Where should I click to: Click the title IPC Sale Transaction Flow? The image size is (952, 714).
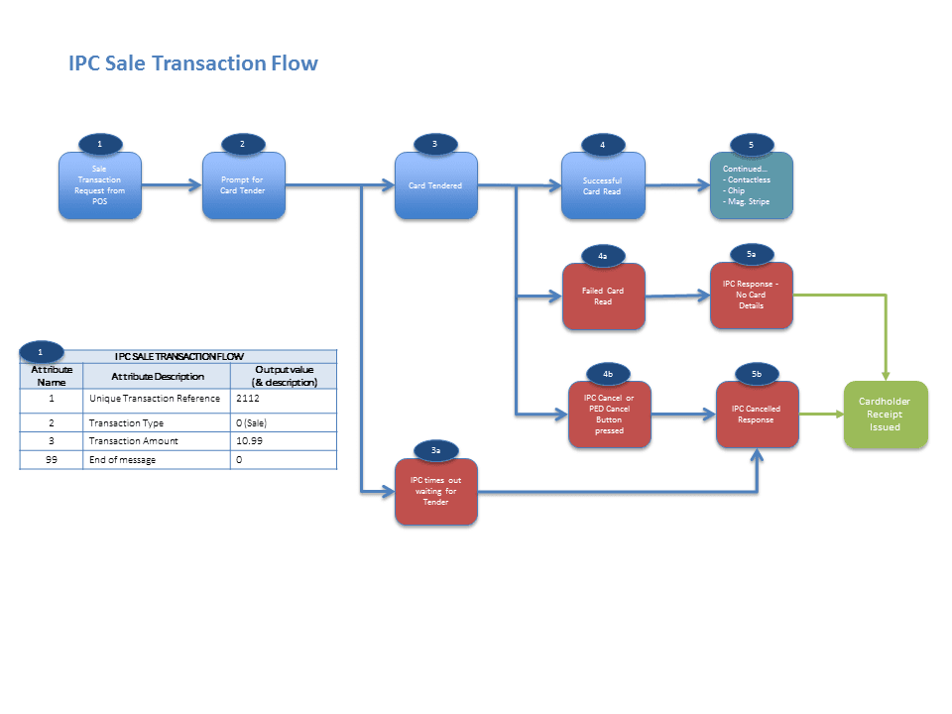pos(193,63)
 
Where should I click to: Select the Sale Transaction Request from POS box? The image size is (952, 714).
pos(100,185)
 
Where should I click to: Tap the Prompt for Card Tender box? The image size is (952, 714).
pos(243,185)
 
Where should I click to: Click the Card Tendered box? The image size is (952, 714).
pos(435,185)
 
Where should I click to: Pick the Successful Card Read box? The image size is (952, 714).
pos(602,185)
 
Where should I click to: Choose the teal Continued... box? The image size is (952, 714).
pos(751,186)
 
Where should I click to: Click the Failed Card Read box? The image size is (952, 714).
pos(603,297)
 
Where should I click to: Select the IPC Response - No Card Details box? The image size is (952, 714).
pos(751,296)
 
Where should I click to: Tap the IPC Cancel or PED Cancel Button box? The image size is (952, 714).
pos(609,415)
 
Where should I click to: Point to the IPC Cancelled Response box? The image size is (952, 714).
pos(756,415)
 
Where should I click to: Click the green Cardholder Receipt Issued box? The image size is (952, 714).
pos(886,415)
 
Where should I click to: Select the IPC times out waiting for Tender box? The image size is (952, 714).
pos(435,493)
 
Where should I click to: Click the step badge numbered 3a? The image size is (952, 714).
pos(436,450)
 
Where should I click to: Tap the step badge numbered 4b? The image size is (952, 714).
pos(608,373)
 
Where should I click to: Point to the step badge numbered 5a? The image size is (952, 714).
pos(751,255)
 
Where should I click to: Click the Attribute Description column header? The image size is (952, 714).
pos(157,376)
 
